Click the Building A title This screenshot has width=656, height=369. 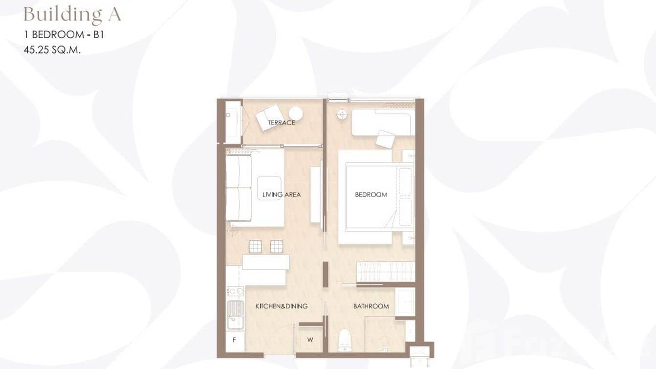(x=72, y=15)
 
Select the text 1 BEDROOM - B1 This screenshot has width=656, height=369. (x=64, y=35)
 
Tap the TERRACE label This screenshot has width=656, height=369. (x=282, y=123)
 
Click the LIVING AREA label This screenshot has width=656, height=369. (x=282, y=195)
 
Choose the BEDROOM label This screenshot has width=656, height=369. (x=371, y=195)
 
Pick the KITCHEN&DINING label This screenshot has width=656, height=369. (x=282, y=306)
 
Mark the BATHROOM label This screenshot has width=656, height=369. (x=371, y=306)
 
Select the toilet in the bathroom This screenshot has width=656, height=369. (x=345, y=340)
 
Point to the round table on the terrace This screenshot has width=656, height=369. (x=295, y=114)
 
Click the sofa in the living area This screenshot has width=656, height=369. (x=239, y=188)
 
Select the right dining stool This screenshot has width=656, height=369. (x=276, y=246)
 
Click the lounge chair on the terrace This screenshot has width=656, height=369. (x=268, y=117)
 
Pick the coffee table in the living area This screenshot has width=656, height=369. (x=269, y=188)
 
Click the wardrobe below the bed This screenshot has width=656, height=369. (x=385, y=272)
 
